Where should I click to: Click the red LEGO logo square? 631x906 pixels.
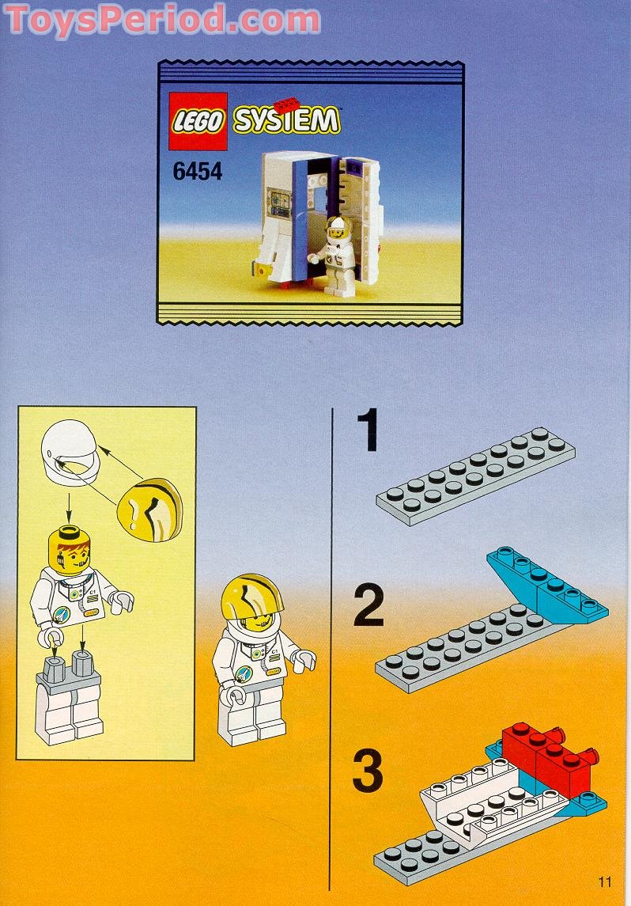click(x=198, y=121)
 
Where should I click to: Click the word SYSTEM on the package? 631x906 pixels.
click(x=286, y=120)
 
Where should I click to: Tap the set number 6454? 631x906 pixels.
click(x=198, y=172)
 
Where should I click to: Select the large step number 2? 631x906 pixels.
click(x=368, y=605)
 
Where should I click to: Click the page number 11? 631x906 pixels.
click(x=604, y=881)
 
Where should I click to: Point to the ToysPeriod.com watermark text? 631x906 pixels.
click(x=162, y=19)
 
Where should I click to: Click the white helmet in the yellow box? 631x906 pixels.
click(x=70, y=452)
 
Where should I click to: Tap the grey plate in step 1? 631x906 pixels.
click(x=476, y=476)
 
